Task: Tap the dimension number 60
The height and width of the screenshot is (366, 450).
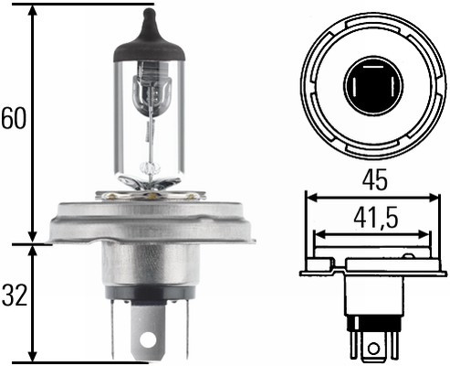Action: (x=13, y=119)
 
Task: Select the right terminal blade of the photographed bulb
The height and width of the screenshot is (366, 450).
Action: (x=185, y=325)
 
